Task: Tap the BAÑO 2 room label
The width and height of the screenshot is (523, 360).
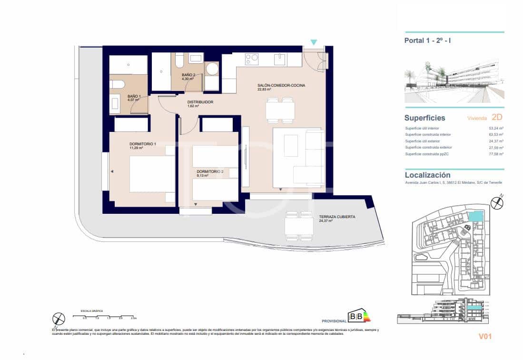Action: pos(187,75)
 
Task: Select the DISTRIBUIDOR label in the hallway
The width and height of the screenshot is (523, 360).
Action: pos(200,102)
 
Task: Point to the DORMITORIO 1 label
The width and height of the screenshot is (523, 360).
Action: pos(143,144)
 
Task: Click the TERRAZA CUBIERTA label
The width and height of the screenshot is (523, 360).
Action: pos(337,217)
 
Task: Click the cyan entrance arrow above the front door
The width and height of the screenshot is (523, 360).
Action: pos(314,42)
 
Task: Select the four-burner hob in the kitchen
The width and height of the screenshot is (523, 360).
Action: pos(252,59)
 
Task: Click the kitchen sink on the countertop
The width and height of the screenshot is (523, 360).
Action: pos(279,59)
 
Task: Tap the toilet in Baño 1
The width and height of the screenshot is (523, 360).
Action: pos(117,84)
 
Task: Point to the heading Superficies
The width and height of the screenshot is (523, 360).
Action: pos(424,118)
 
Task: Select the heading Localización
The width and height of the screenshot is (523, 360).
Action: pos(427,175)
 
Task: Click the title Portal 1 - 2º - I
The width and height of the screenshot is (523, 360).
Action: pos(427,40)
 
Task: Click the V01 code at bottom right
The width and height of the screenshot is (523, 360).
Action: pos(484,337)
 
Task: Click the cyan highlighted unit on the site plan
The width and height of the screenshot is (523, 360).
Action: pos(475,216)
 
